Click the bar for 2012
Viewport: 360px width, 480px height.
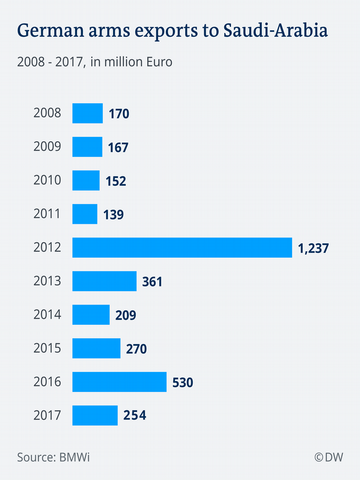click(x=182, y=247)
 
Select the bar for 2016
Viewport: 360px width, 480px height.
click(x=119, y=382)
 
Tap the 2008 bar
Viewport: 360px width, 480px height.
click(x=87, y=113)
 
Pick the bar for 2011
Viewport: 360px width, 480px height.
click(x=85, y=214)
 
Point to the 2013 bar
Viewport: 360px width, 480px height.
click(x=104, y=281)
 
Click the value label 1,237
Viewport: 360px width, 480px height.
click(x=313, y=248)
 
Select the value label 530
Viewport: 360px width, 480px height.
click(x=183, y=383)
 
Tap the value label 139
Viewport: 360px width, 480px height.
click(x=113, y=215)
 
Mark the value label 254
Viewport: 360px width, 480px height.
click(x=135, y=416)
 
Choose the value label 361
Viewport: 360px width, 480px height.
click(x=152, y=282)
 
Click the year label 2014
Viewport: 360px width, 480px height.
click(x=47, y=315)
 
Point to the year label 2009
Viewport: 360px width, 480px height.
click(x=47, y=147)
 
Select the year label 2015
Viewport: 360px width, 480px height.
click(x=47, y=348)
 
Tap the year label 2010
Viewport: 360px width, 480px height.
click(x=47, y=180)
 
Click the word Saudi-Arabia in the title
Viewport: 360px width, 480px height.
click(x=276, y=31)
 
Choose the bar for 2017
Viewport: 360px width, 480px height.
click(x=95, y=415)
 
